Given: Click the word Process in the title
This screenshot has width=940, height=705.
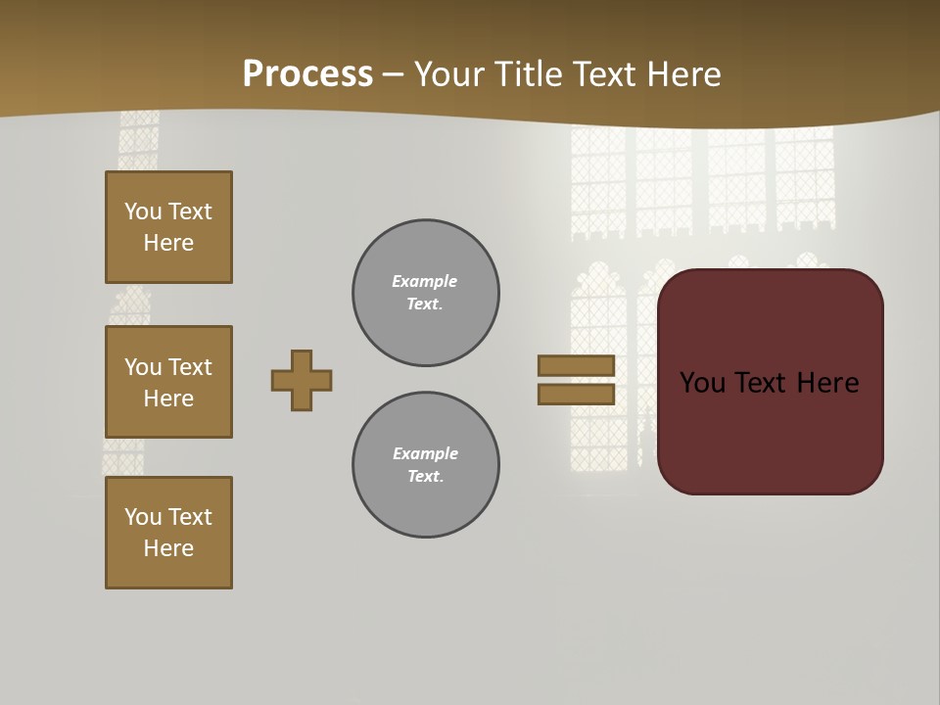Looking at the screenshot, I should point(307,74).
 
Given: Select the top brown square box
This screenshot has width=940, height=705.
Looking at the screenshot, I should point(168,227).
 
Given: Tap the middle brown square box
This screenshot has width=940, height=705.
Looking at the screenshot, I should point(168,382).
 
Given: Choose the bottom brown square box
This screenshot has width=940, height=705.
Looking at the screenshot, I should point(168,533).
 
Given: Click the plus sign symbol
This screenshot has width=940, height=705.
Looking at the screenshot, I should point(302,380).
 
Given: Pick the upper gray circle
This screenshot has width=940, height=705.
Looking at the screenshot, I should point(425,293).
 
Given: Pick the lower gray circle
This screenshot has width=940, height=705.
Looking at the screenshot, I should point(425,465).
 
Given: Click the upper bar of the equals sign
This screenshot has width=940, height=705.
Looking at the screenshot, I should point(576,366).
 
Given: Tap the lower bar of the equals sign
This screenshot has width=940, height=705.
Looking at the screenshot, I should point(576,395).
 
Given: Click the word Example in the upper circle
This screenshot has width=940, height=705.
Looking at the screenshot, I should point(425,281).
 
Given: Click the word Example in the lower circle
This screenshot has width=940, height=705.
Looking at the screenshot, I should point(425,453).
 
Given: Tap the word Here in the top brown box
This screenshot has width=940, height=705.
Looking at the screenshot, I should point(168,243).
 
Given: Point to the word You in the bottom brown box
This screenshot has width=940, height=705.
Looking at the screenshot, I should point(143,517).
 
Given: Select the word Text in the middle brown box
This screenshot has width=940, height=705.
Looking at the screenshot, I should point(189,367).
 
